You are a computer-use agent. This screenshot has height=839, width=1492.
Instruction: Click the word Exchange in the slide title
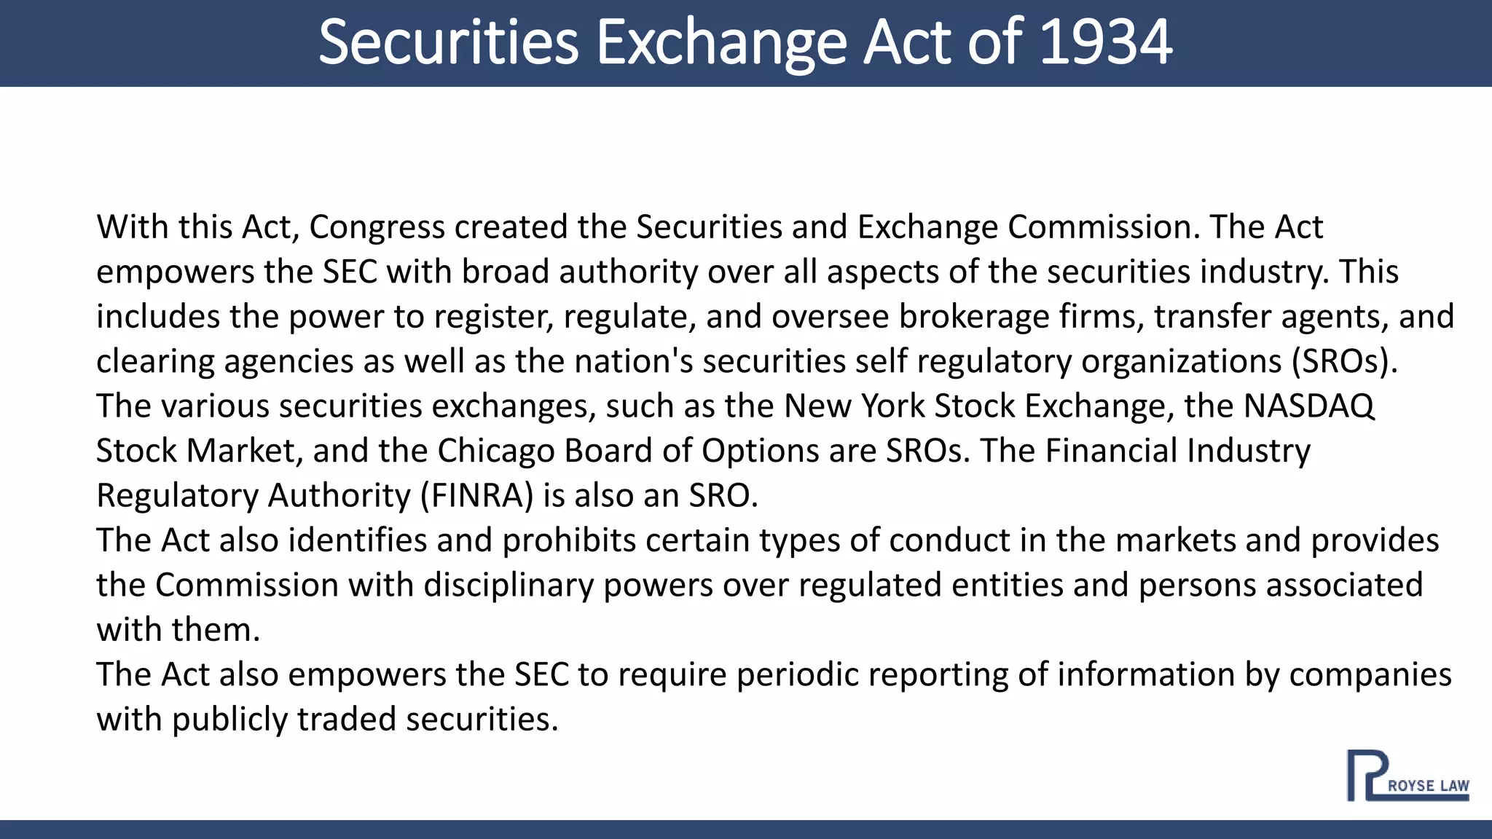[721, 42]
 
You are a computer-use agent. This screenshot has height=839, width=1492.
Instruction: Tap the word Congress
[377, 227]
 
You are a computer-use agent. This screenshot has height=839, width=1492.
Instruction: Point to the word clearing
[155, 362]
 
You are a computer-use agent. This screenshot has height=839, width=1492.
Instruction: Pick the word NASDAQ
[1308, 406]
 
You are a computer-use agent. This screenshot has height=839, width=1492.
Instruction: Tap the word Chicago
[495, 451]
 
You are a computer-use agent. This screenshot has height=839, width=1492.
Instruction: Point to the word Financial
[1112, 451]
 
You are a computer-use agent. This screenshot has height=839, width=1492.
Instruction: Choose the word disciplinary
[509, 586]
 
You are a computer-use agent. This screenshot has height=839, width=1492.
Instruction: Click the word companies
[1370, 675]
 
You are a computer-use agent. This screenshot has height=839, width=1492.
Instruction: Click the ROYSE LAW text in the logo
[1428, 786]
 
